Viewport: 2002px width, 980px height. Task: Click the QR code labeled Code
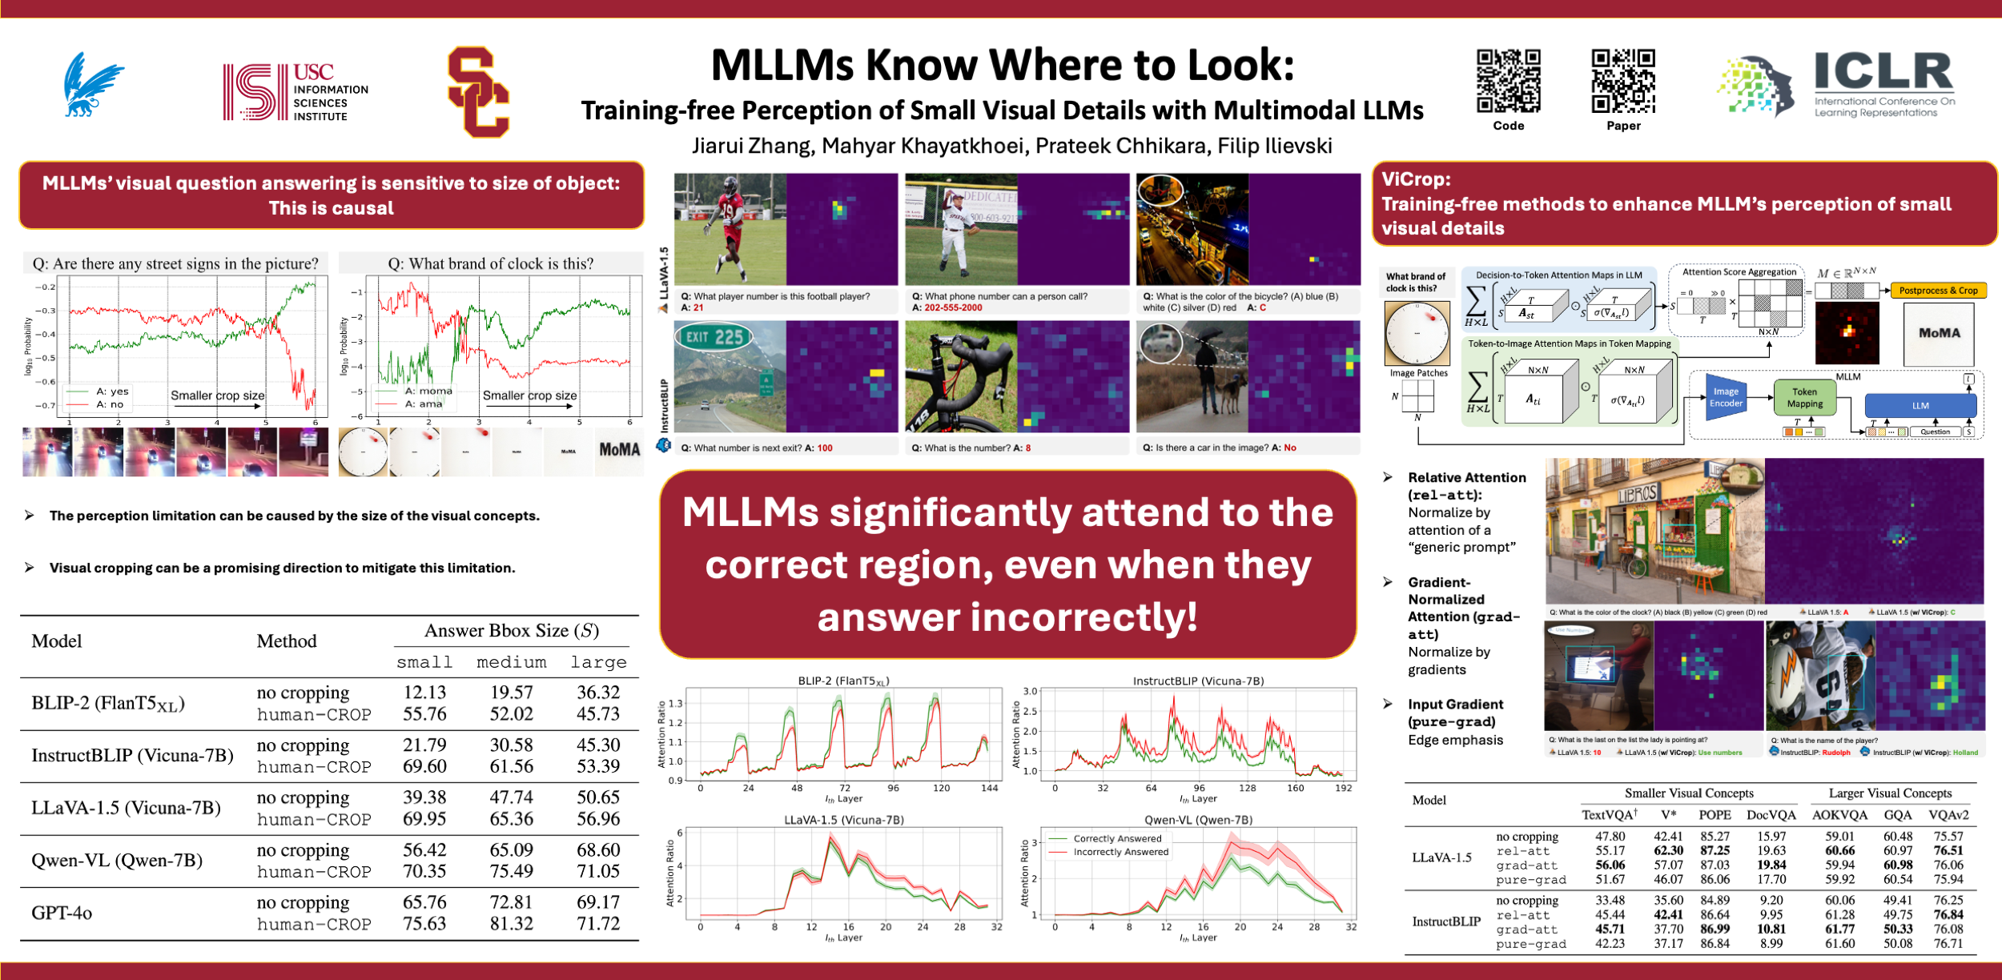1508,80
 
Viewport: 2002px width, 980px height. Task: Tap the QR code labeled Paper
1623,80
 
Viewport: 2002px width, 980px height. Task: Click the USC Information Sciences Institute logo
295,92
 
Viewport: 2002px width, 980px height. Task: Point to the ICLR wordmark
1883,71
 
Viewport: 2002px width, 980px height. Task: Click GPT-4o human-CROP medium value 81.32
511,924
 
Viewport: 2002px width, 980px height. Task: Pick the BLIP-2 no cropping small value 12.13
424,693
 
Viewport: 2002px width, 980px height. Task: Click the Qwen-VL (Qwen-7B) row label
117,861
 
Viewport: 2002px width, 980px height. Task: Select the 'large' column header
598,662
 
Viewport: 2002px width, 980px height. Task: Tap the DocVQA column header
1771,815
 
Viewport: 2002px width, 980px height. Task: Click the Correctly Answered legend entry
1117,838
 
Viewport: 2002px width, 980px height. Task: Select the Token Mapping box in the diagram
1804,398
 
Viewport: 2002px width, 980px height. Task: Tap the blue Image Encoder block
1726,398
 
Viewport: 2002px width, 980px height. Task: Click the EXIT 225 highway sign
713,337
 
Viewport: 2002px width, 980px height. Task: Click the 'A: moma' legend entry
428,392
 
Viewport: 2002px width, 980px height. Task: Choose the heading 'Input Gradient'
1455,705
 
